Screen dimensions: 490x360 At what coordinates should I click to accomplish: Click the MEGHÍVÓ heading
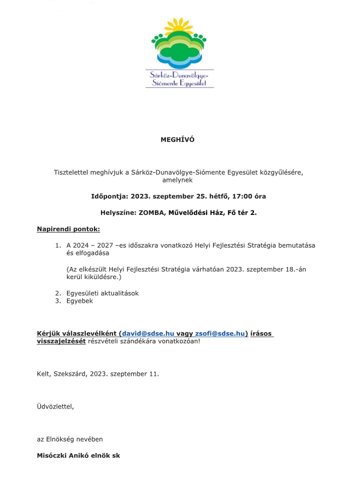point(177,140)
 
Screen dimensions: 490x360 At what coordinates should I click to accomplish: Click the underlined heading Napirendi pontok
point(68,229)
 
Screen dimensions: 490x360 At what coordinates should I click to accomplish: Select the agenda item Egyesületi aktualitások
point(102,293)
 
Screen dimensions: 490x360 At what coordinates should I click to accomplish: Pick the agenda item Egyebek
point(79,301)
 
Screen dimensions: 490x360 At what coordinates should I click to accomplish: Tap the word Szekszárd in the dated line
point(70,373)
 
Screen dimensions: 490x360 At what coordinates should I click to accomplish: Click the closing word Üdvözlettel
point(55,406)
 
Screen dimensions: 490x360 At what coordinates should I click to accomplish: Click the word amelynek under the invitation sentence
point(177,180)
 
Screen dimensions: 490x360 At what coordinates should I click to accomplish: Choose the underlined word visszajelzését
point(61,341)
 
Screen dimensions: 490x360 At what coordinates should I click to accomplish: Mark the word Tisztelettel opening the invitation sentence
point(73,172)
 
